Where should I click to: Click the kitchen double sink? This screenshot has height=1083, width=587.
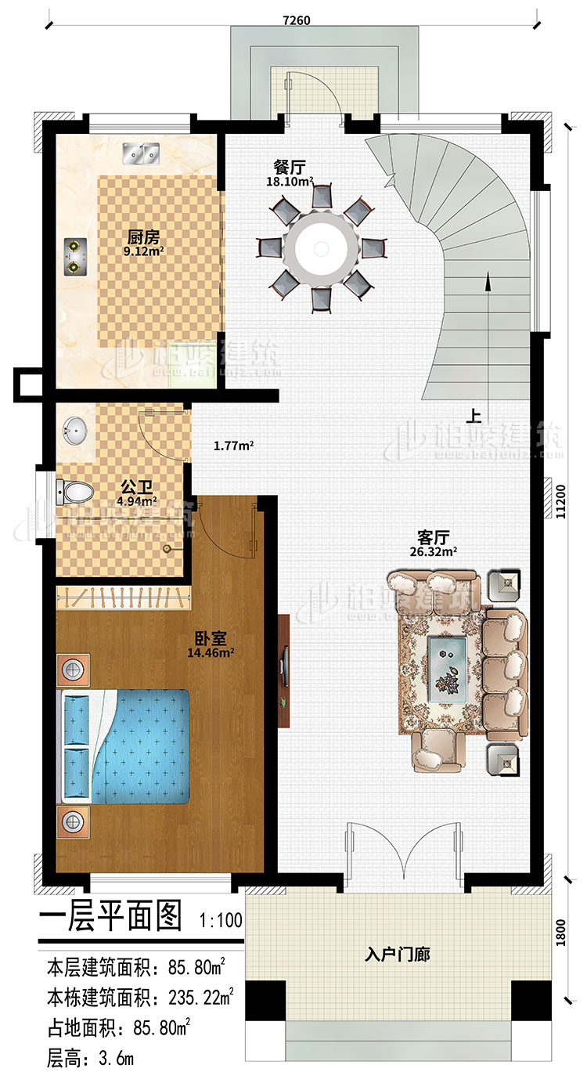coord(142,154)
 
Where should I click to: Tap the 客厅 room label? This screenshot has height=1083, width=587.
coord(433,538)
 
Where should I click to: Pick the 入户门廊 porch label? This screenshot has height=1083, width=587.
coord(398,955)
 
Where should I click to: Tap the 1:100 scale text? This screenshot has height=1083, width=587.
coord(221,920)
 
